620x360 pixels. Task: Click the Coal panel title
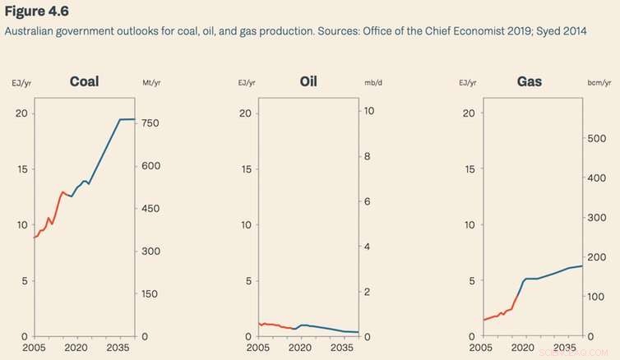tap(86, 81)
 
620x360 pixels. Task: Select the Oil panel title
tap(308, 81)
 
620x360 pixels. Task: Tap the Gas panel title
tap(530, 81)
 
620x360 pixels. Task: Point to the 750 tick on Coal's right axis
tap(153, 122)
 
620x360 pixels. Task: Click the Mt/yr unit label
tap(150, 84)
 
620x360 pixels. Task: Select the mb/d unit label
tap(374, 84)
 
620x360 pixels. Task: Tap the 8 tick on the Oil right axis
tap(368, 156)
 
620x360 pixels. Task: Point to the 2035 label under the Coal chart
tap(120, 348)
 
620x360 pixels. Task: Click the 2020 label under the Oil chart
tap(301, 348)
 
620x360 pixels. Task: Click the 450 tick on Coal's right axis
tap(153, 208)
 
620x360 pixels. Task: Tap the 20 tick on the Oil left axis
tap(244, 113)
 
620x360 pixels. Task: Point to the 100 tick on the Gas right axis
tap(599, 297)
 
